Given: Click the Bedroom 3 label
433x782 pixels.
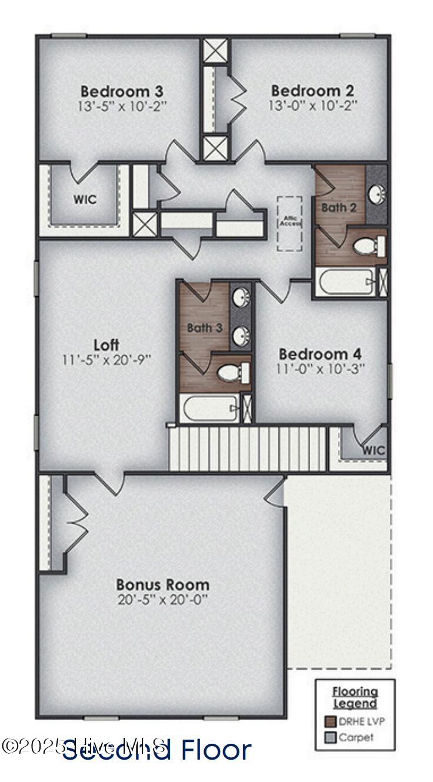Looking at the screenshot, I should click(x=122, y=91).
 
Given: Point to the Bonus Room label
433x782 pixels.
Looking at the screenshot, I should click(x=163, y=585).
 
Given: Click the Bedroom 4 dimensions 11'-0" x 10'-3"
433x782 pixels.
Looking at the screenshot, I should click(x=321, y=369).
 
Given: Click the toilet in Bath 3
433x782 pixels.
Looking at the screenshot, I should click(x=232, y=372).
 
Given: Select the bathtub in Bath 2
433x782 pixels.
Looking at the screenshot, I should click(x=345, y=283).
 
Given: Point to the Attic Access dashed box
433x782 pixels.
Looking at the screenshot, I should click(x=289, y=224).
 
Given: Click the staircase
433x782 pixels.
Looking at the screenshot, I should click(x=247, y=449).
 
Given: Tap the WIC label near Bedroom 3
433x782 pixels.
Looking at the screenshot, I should click(x=85, y=200).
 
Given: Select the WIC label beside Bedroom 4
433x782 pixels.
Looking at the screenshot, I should click(x=374, y=450).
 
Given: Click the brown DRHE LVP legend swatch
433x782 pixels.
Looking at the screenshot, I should click(x=330, y=720).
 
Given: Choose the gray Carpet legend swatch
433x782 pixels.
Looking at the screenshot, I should click(x=330, y=737).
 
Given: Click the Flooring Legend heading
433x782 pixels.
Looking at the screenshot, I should click(x=355, y=697).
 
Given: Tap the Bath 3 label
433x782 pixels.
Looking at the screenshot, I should click(x=205, y=327).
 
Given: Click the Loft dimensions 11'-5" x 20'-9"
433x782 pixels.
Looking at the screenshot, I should click(x=106, y=359).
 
